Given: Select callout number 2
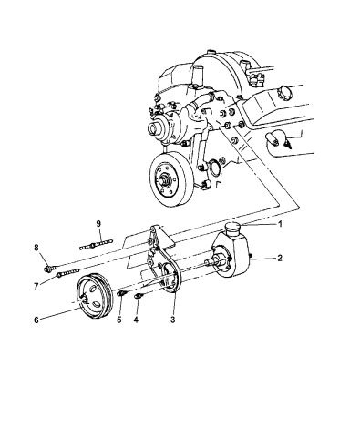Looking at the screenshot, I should tap(281, 259).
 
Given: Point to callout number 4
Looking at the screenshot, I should tap(137, 320).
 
